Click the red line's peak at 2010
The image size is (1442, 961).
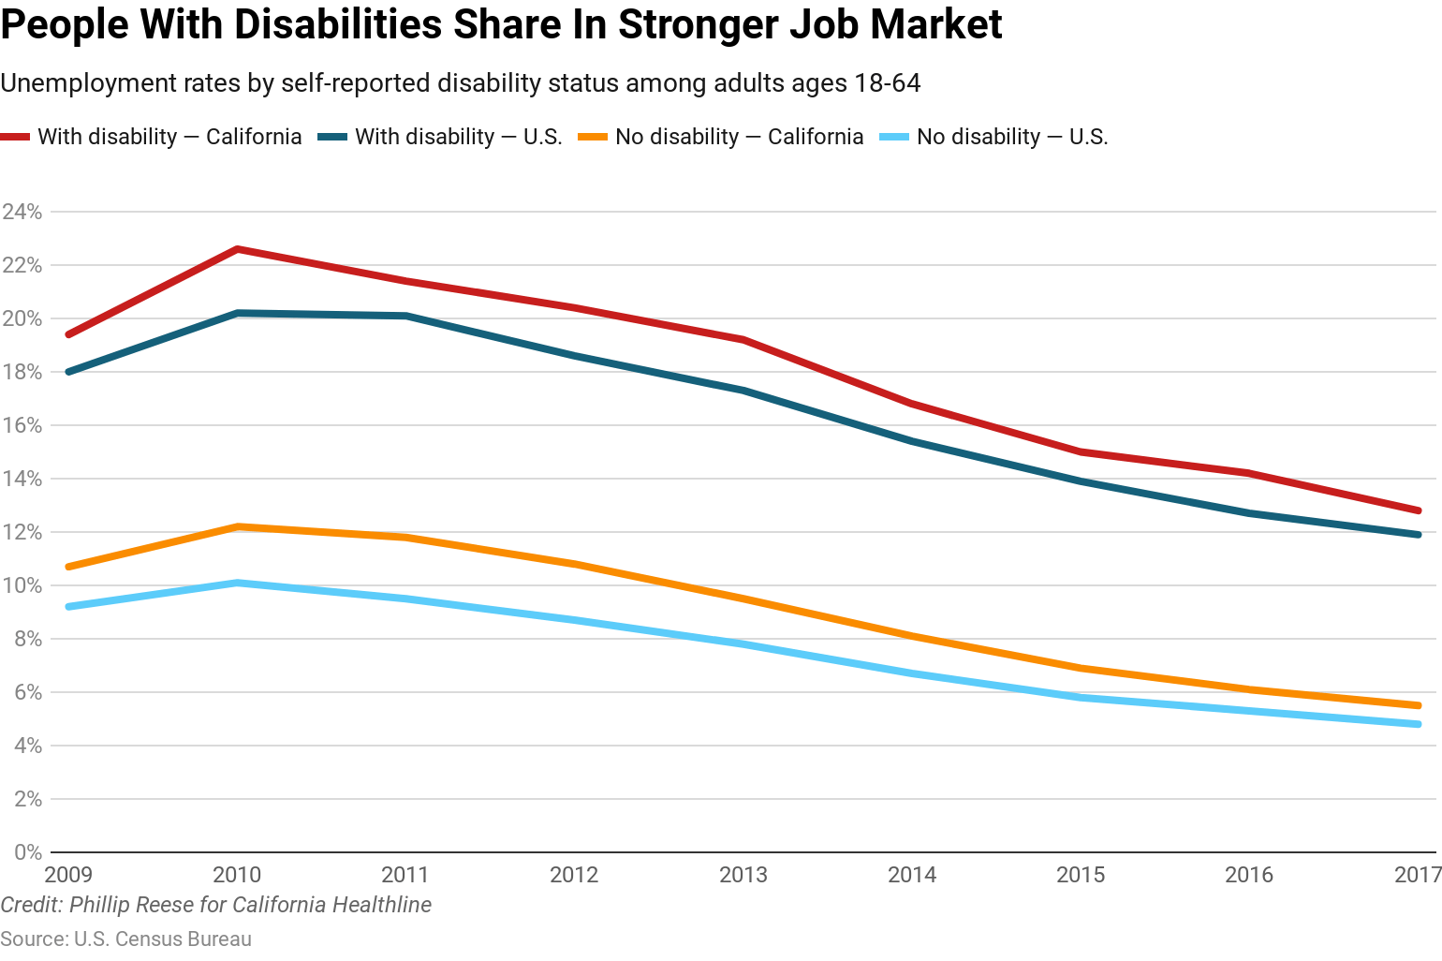pyautogui.click(x=238, y=249)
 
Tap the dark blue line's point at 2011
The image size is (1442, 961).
pyautogui.click(x=406, y=316)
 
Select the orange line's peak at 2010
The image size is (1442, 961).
pyautogui.click(x=238, y=526)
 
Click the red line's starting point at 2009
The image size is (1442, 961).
pyautogui.click(x=68, y=334)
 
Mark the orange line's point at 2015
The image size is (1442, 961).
pyautogui.click(x=1081, y=668)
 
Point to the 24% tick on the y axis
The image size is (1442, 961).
pyautogui.click(x=22, y=212)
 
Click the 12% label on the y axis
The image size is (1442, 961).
pyautogui.click(x=22, y=532)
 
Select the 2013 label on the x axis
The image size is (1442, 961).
pyautogui.click(x=743, y=875)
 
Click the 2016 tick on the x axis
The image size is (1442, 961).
pyautogui.click(x=1249, y=875)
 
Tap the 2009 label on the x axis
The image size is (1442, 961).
pyautogui.click(x=68, y=875)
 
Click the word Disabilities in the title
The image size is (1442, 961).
pyautogui.click(x=337, y=24)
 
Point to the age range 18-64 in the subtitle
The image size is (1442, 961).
pyautogui.click(x=887, y=83)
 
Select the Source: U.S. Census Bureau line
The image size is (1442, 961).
pyautogui.click(x=125, y=939)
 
